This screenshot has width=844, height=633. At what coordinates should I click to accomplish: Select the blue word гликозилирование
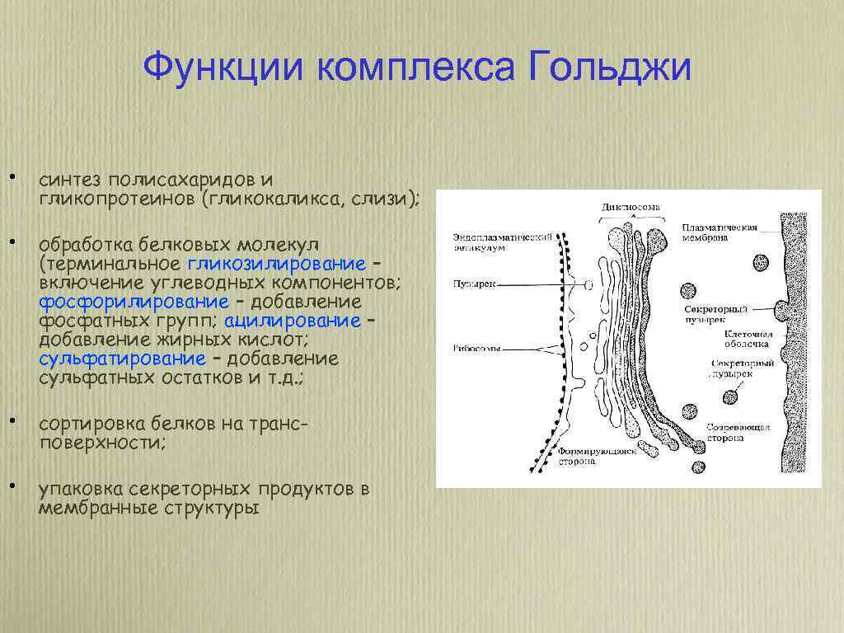point(276,264)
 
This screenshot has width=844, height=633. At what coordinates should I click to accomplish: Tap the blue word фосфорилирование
point(134,302)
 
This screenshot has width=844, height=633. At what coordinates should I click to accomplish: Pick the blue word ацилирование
point(292,321)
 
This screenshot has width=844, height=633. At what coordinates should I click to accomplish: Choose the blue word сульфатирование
point(122,359)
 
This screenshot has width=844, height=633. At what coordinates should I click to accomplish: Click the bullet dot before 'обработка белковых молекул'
point(13,242)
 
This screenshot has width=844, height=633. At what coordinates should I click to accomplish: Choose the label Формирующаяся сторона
point(591,457)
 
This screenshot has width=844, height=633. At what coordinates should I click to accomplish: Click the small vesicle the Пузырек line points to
point(588,284)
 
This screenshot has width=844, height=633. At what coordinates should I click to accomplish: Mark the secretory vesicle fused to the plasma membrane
point(781,310)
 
